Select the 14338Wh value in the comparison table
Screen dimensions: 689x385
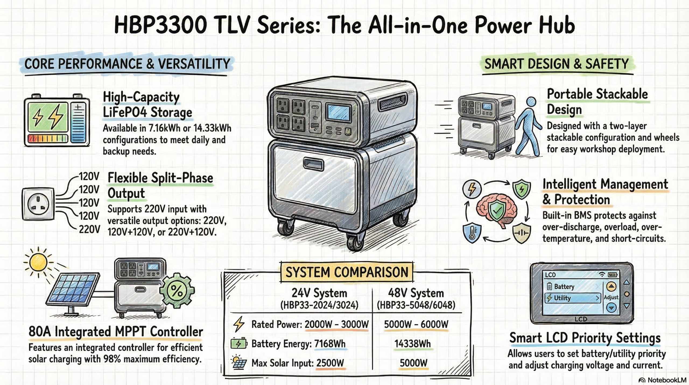click(413, 344)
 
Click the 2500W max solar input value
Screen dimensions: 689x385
click(330, 363)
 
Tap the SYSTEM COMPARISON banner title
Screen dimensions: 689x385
click(347, 272)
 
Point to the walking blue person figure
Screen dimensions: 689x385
click(528, 127)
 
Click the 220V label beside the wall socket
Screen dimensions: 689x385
click(89, 229)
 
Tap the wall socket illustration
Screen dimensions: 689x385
click(38, 204)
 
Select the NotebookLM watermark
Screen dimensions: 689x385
click(663, 380)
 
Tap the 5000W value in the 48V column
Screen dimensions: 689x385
click(413, 363)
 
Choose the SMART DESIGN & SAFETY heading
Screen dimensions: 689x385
click(557, 64)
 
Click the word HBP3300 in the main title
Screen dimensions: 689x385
click(160, 25)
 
